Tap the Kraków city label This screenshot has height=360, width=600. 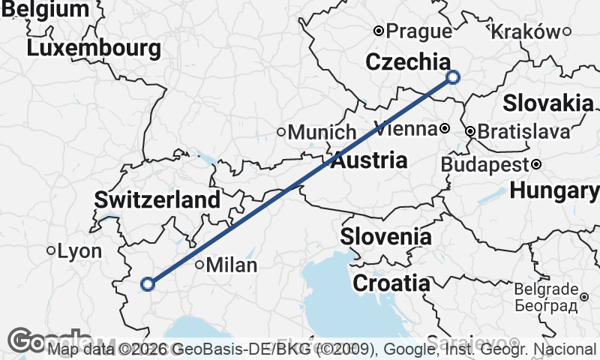[x=525, y=31]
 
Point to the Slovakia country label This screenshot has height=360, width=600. [x=547, y=103]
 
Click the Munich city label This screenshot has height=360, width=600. [x=322, y=133]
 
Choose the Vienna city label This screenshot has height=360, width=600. [x=406, y=128]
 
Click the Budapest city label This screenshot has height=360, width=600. [x=485, y=164]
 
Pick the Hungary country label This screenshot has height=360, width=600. [x=555, y=191]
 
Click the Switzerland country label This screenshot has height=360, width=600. [x=157, y=200]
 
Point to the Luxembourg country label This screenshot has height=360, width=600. [x=94, y=49]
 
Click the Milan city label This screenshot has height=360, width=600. [x=231, y=265]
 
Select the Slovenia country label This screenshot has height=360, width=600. [x=386, y=237]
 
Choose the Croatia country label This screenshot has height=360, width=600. [x=391, y=283]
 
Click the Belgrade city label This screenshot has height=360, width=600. [x=546, y=289]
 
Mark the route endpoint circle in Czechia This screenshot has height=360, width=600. [x=452, y=76]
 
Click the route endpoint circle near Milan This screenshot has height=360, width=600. [x=148, y=283]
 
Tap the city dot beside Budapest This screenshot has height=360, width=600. [x=537, y=164]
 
